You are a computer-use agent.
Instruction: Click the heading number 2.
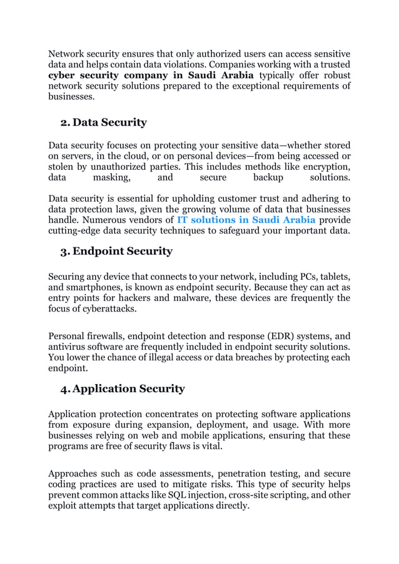pos(64,122)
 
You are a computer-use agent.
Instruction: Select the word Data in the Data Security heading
pos(87,122)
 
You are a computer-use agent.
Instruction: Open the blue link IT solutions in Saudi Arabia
pos(246,220)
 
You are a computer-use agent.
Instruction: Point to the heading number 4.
pos(65,388)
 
